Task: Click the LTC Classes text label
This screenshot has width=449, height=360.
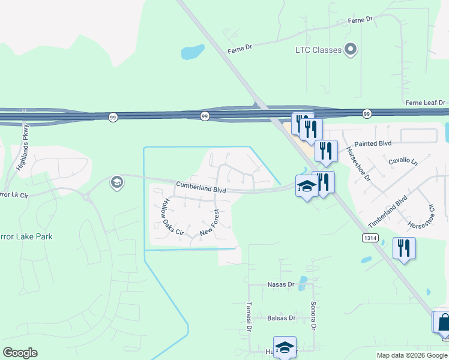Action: (x=318, y=50)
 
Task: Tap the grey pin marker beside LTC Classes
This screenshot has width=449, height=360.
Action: (x=351, y=50)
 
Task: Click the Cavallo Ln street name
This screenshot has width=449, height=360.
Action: (x=402, y=161)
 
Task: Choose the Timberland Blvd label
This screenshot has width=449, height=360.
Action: (x=388, y=211)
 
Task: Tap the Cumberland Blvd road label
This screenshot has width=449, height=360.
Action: (x=200, y=188)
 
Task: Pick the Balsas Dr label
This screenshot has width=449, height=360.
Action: (x=282, y=318)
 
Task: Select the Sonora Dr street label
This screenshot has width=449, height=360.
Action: (x=313, y=316)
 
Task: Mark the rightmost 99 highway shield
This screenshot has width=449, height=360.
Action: (x=366, y=113)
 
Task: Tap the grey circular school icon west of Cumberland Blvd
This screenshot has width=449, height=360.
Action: (x=116, y=182)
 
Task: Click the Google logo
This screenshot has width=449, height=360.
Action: (x=20, y=353)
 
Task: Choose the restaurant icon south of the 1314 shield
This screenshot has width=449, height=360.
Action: (x=403, y=247)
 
